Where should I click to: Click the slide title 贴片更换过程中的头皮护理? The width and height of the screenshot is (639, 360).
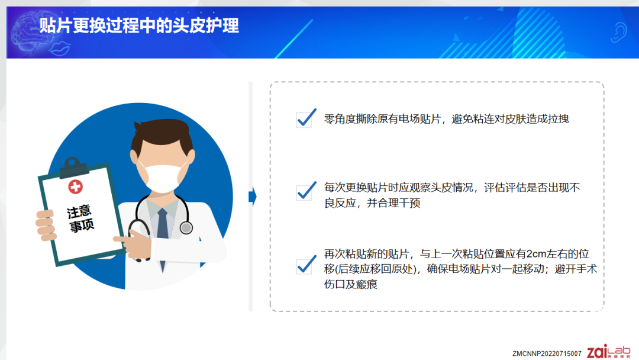(139, 25)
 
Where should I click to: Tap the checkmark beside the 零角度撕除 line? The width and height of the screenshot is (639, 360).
(306, 118)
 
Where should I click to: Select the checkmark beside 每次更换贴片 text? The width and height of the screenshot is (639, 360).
(306, 191)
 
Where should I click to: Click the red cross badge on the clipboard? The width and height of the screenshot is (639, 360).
(75, 187)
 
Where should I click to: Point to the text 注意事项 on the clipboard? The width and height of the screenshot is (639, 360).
(80, 218)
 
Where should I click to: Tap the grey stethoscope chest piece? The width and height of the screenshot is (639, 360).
(186, 227)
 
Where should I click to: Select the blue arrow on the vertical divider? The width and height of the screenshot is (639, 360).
(253, 197)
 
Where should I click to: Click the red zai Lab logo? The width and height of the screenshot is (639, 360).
(608, 352)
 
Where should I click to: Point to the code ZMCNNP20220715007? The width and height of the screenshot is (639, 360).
(547, 353)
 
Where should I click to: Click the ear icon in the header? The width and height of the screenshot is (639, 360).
(619, 32)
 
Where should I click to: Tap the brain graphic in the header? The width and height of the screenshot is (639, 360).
(33, 33)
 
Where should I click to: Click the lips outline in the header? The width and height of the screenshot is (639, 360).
(60, 48)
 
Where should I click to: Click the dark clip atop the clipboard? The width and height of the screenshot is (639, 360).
(73, 167)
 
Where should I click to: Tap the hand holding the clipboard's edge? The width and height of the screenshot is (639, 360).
(46, 225)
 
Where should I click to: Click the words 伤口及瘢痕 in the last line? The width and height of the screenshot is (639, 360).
(350, 284)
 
